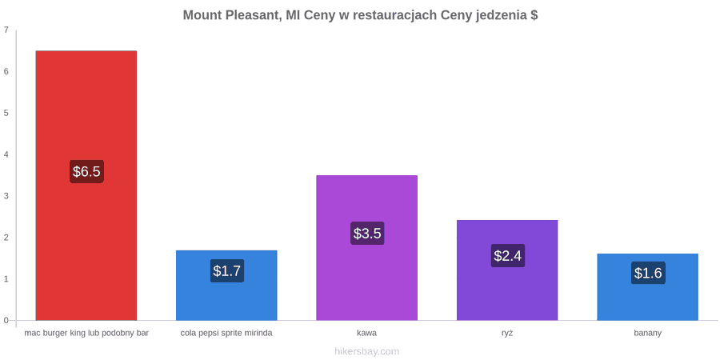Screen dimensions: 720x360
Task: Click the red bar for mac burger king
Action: tap(86, 186)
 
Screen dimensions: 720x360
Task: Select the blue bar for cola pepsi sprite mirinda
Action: tap(227, 285)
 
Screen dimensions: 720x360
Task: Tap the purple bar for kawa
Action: tap(367, 248)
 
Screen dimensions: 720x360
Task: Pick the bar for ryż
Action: tap(507, 270)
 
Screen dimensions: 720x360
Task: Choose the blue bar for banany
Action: tap(647, 287)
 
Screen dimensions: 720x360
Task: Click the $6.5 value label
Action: tap(86, 172)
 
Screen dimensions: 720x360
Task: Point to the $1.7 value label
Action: tap(227, 271)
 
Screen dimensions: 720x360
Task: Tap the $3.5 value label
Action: tap(367, 234)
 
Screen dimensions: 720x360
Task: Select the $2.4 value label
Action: tap(507, 256)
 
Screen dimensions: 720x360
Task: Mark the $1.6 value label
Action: tap(647, 273)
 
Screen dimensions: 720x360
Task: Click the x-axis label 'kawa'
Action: tap(367, 333)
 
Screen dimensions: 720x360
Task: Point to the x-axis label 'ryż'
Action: tap(507, 334)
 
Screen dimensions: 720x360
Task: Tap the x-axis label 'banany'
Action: tap(647, 334)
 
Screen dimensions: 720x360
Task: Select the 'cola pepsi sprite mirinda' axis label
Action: tap(227, 334)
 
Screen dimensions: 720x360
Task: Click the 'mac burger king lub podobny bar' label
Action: tap(86, 334)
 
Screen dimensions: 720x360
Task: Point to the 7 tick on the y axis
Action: tap(6, 30)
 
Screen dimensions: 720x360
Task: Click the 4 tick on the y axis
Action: tap(6, 154)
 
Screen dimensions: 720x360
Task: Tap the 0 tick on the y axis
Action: tap(6, 321)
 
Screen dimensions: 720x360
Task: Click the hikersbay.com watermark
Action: tap(367, 352)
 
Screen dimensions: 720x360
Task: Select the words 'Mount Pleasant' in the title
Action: tap(232, 15)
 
